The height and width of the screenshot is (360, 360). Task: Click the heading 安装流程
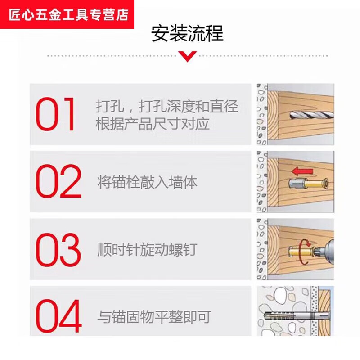click(187, 34)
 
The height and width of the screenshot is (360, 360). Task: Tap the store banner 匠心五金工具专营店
click(68, 14)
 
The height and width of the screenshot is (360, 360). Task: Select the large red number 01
click(57, 114)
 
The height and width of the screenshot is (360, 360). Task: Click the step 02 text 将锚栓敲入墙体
click(147, 182)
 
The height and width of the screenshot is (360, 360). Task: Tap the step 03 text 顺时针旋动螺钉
click(147, 249)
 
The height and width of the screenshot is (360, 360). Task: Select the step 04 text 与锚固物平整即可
click(154, 317)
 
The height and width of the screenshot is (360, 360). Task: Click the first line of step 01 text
click(166, 107)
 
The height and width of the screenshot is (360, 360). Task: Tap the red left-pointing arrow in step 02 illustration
click(301, 171)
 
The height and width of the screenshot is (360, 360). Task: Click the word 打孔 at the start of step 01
click(107, 107)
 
